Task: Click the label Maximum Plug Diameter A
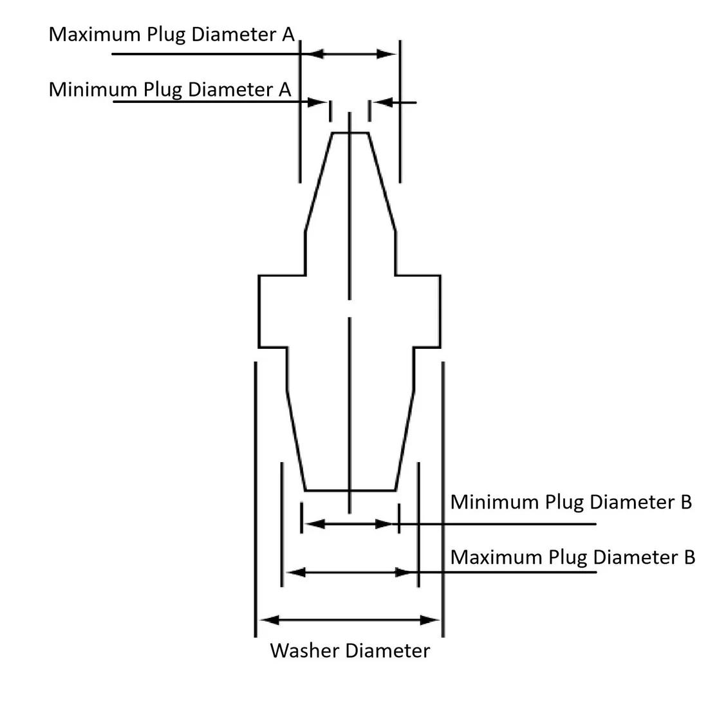click(171, 34)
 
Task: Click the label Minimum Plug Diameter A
click(170, 89)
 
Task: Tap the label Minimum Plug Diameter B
click(570, 501)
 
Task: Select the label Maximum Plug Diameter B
click(572, 557)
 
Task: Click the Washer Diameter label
click(349, 650)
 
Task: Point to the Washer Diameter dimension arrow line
click(349, 620)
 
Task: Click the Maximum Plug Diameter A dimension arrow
click(349, 54)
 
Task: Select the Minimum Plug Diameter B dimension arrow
click(349, 524)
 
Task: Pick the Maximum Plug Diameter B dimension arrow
click(349, 572)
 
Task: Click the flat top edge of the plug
click(349, 133)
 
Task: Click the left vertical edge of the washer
click(259, 312)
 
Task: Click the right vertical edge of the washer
click(441, 312)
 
